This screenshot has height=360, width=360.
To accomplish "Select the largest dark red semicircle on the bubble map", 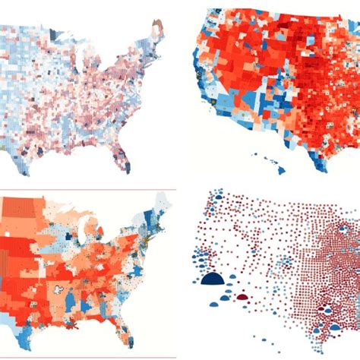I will pyautogui.click(x=243, y=297).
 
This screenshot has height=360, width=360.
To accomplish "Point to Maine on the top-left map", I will pyautogui.click(x=157, y=30).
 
